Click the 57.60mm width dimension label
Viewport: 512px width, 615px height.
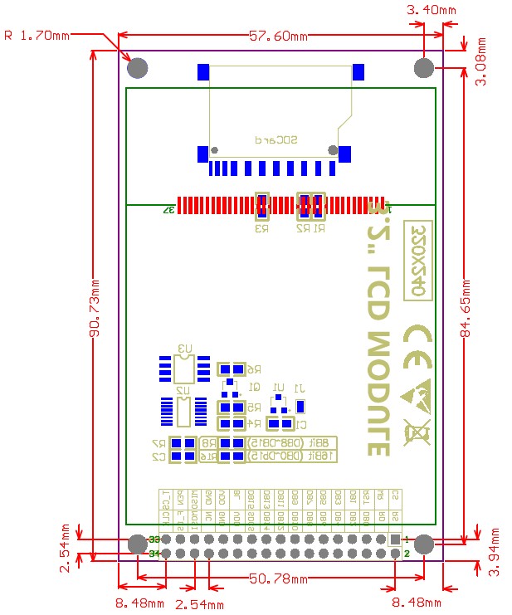[278, 36]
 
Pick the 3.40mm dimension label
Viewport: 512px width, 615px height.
[432, 11]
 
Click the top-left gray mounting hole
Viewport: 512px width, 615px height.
[139, 66]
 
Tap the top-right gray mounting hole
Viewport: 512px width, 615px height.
[424, 66]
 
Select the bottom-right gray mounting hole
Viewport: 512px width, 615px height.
[424, 544]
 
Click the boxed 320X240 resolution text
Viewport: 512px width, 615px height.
[418, 260]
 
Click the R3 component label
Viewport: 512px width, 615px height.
[262, 227]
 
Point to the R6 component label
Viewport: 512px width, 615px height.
[252, 369]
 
